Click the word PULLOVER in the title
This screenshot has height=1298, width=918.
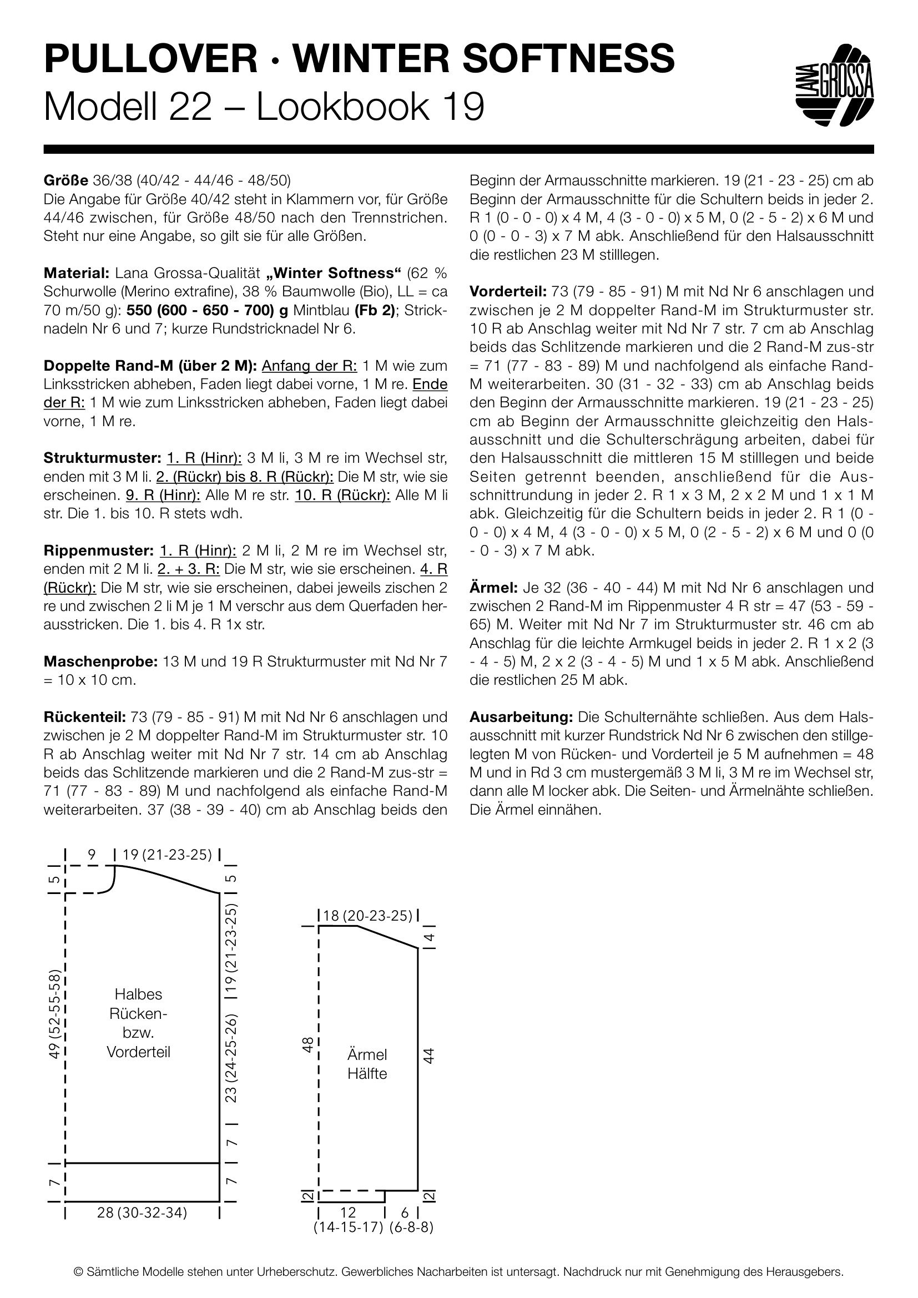tap(150, 59)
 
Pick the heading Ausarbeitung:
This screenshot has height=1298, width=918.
tap(521, 718)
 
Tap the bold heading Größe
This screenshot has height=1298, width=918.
tap(65, 181)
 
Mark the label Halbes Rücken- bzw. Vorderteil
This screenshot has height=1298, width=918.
tap(139, 1023)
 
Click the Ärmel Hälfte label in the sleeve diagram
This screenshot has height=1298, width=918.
tap(367, 1064)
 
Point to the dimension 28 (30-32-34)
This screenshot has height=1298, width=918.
tap(142, 1212)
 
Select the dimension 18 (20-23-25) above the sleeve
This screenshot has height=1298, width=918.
tap(368, 916)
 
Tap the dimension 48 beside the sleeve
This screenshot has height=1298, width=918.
tap(308, 1045)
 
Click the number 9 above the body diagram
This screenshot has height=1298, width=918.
tap(92, 855)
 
